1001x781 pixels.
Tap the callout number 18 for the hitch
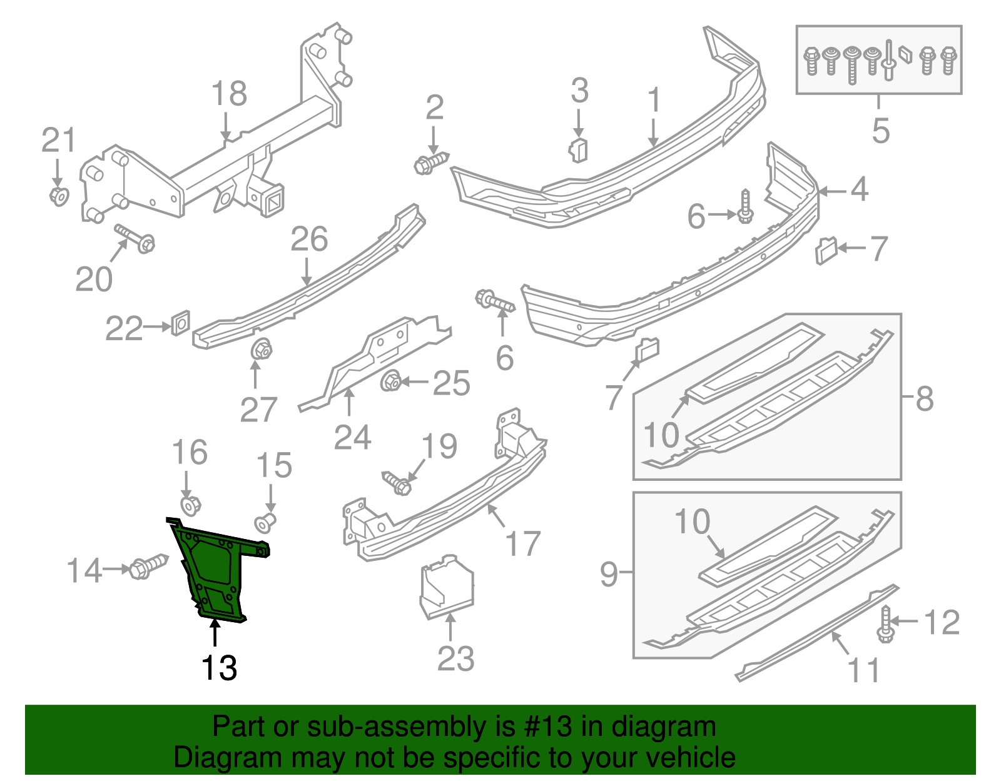[229, 94]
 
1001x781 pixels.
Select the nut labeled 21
[59, 196]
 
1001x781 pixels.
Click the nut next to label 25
[391, 380]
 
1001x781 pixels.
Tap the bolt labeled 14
[148, 566]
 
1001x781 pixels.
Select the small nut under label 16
[190, 505]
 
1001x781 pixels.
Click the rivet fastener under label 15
[265, 521]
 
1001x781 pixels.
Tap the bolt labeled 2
[431, 163]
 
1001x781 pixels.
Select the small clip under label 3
[579, 150]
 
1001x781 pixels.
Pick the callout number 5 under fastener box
[880, 130]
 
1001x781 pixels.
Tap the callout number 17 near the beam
[523, 543]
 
